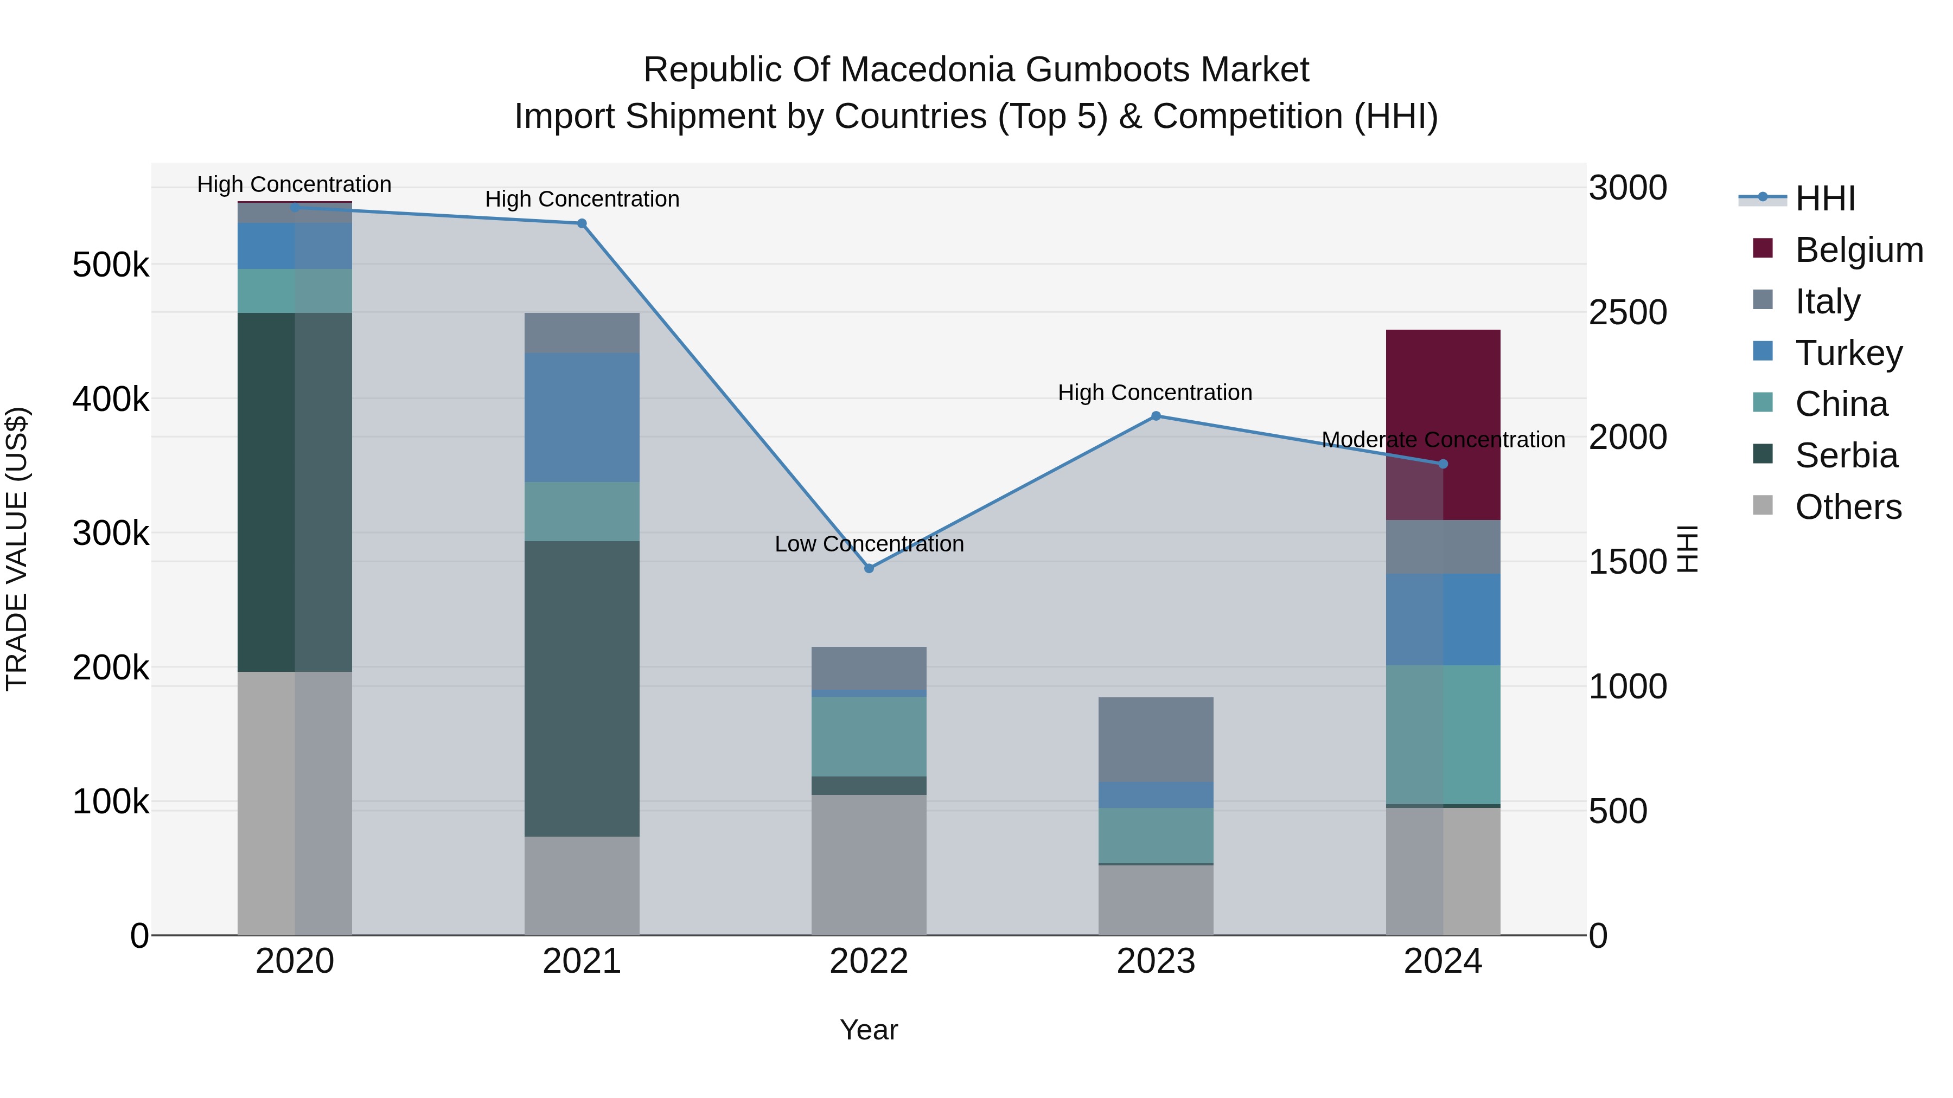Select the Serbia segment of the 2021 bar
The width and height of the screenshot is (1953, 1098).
point(582,688)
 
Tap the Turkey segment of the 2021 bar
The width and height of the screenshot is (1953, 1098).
point(582,417)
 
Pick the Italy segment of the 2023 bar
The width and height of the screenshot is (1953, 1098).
point(1156,739)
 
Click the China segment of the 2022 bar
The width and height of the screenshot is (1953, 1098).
point(869,736)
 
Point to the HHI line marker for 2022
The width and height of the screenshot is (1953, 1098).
point(869,568)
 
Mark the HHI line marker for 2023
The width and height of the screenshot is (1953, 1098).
point(1156,416)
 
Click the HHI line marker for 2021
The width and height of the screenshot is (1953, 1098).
point(582,223)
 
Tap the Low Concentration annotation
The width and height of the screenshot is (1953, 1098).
point(869,544)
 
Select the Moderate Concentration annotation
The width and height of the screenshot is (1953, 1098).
point(1442,440)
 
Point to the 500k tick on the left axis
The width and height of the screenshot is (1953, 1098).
point(111,265)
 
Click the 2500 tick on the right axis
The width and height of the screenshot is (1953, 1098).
point(1627,313)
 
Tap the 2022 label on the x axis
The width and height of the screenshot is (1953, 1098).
point(869,961)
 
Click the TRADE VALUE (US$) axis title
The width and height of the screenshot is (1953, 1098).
point(17,549)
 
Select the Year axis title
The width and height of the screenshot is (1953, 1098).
point(869,1030)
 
